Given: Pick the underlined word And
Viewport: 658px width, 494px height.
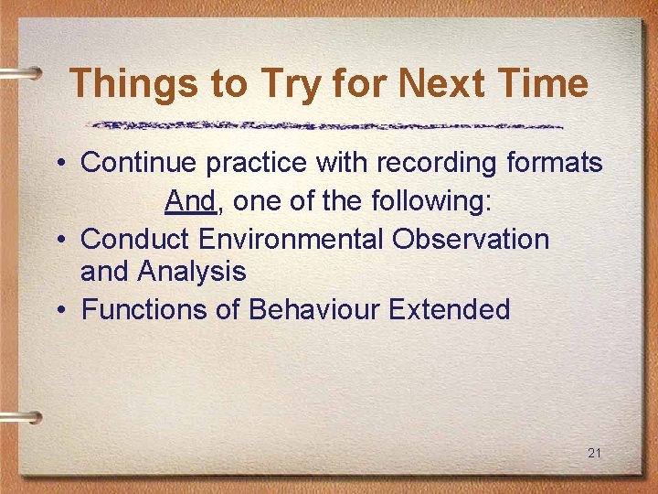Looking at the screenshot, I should click(x=189, y=201).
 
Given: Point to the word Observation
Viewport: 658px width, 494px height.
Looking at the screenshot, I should click(x=471, y=239).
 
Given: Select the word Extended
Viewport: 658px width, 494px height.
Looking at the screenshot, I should click(x=449, y=309).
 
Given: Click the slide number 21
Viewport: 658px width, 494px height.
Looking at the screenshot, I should click(x=595, y=453).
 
